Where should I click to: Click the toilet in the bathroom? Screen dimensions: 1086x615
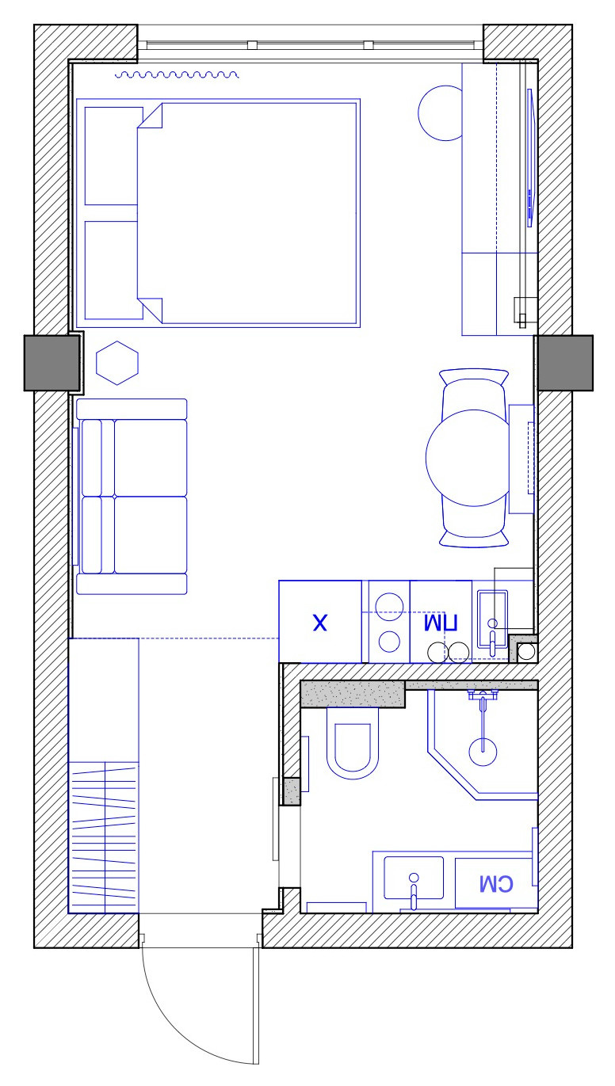coord(352,745)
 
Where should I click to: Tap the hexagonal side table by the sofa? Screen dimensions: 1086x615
coord(117,364)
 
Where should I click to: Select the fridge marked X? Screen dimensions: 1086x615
coord(319,623)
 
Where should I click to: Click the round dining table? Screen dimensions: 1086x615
coord(467,459)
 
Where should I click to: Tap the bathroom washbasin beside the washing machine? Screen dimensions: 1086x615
coord(413,879)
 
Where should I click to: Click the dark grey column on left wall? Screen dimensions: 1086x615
coord(52,363)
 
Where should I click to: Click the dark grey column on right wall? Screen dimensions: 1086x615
coord(564,363)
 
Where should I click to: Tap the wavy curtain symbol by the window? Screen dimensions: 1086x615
coord(177,75)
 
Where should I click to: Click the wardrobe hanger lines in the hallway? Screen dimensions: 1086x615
coord(104,836)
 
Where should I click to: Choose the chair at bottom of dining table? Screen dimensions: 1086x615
coord(474,535)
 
